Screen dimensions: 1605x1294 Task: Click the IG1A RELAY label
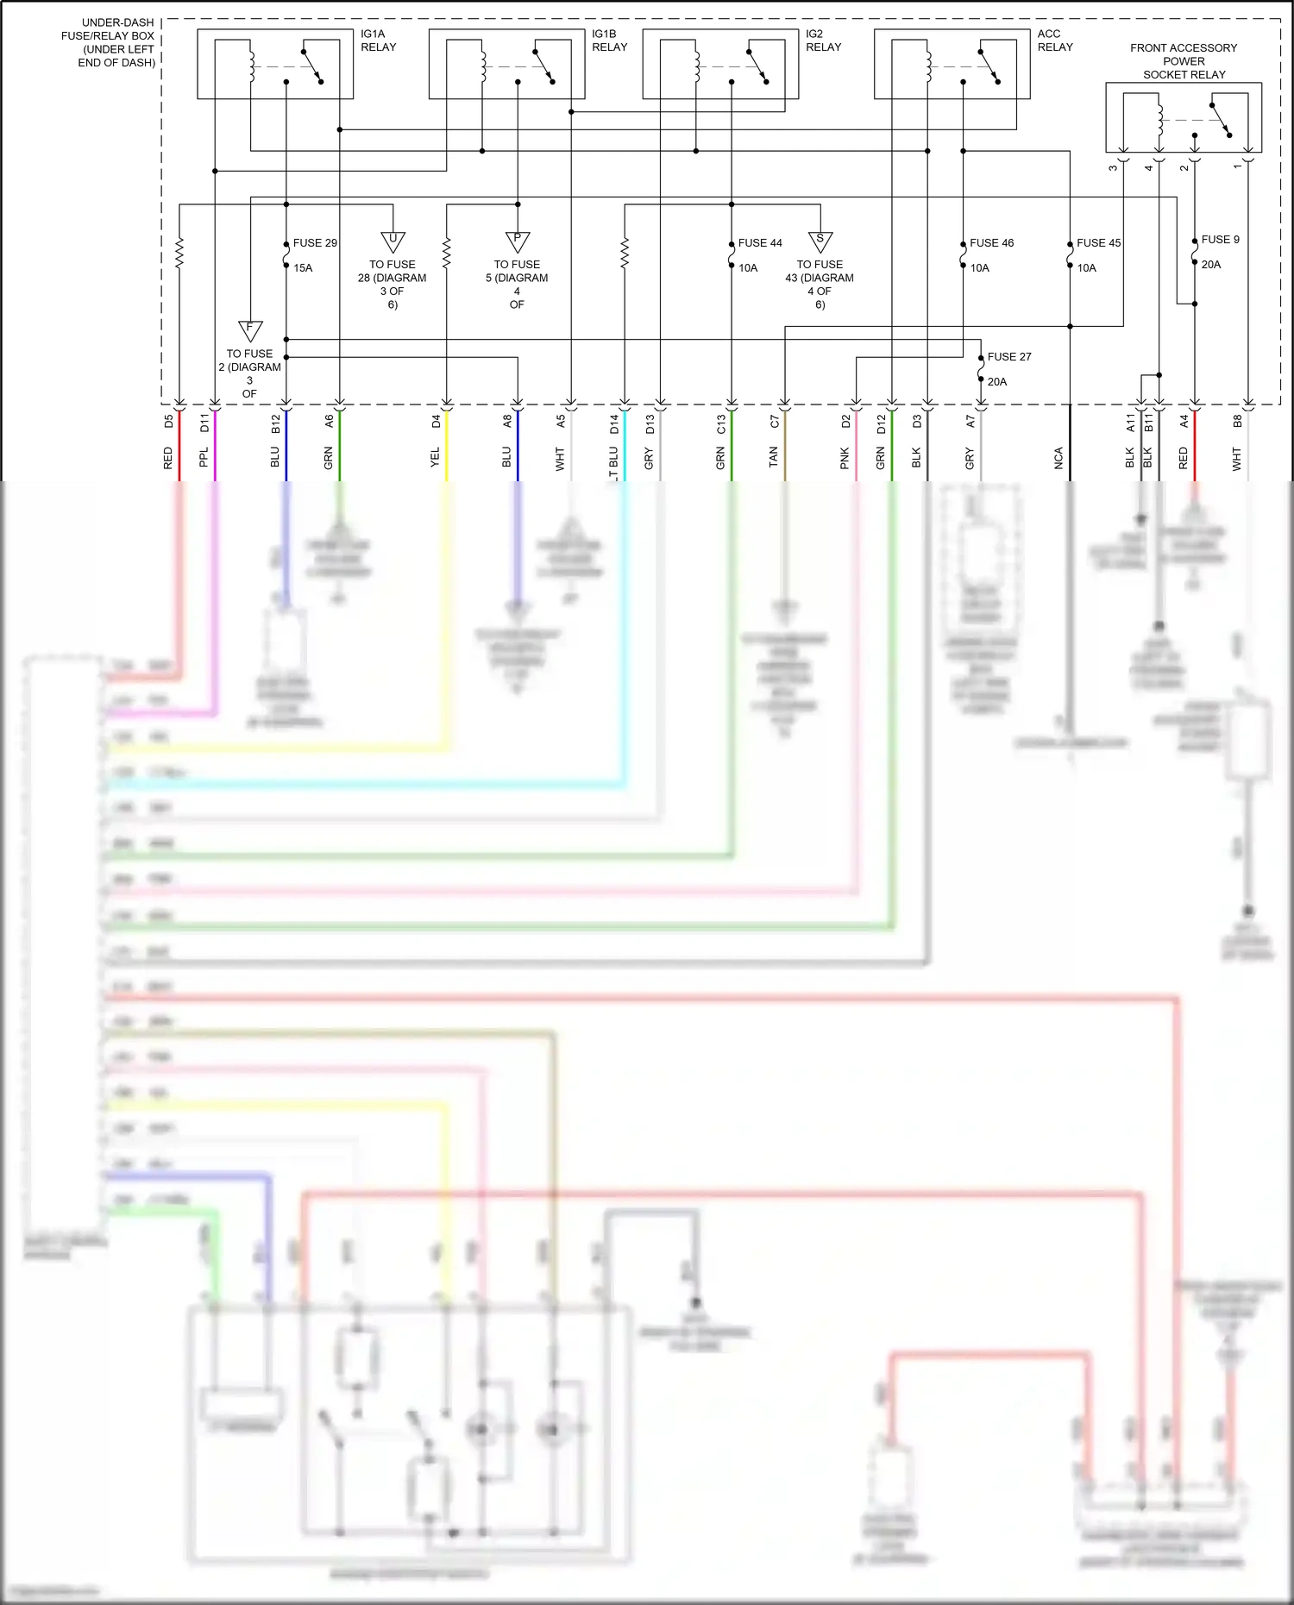coord(378,41)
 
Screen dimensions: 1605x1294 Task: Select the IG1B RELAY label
coord(609,41)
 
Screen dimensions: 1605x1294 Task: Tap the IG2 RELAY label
coord(823,41)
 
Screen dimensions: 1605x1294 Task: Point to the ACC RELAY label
coord(1054,41)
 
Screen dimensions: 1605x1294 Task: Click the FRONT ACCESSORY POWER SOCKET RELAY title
coord(1184,61)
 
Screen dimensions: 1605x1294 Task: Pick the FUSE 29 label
coord(315,243)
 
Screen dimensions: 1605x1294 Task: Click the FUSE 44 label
coord(760,243)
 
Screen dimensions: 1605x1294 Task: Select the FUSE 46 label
coord(991,243)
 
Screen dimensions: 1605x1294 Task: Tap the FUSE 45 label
coord(1098,243)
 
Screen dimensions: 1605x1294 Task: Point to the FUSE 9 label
coord(1220,240)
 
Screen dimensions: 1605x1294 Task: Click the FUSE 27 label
coord(1008,357)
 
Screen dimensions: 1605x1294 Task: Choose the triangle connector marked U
coord(393,241)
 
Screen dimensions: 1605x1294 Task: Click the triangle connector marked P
coord(517,241)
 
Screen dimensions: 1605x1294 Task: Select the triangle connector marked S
coord(820,241)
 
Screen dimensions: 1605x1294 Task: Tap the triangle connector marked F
coord(249,329)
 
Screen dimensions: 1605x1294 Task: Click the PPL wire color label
coord(204,457)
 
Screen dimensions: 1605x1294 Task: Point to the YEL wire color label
coord(435,457)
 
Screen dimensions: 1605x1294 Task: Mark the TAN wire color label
coord(773,457)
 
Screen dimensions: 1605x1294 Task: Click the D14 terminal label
coord(613,423)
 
